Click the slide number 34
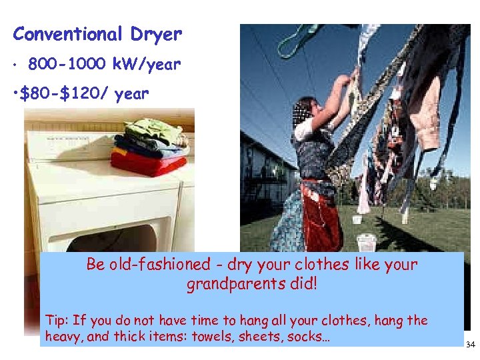pyautogui.click(x=470, y=345)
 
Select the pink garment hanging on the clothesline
pyautogui.click(x=425, y=113)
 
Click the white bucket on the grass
pyautogui.click(x=366, y=241)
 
